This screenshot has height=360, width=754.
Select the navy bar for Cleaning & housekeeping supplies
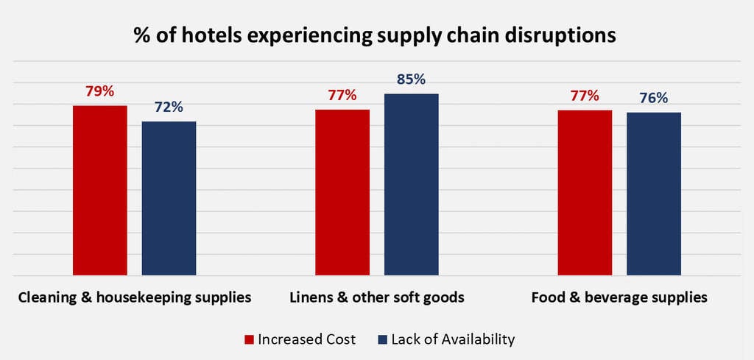[x=169, y=198]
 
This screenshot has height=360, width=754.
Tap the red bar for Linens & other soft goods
[x=342, y=192]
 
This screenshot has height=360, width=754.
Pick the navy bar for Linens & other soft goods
[x=411, y=184]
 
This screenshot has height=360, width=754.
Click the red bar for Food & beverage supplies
[x=585, y=192]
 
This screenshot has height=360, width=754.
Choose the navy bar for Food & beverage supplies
[x=654, y=194]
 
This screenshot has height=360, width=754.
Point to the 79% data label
[x=99, y=91]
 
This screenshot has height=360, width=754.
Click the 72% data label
[x=169, y=107]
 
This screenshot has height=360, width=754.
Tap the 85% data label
[x=411, y=80]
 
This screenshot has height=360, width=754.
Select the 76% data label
[x=654, y=99]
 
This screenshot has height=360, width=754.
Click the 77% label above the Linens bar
[x=342, y=95]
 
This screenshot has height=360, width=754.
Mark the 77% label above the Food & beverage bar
[x=585, y=95]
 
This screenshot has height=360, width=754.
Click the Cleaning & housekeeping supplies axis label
[x=135, y=298]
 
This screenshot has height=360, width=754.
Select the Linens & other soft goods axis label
[x=376, y=298]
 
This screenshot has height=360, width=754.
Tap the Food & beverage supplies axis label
[x=619, y=298]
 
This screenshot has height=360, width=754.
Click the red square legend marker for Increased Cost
[x=249, y=339]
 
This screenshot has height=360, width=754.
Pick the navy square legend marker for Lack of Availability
[x=382, y=339]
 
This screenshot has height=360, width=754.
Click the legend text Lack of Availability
[x=453, y=339]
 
